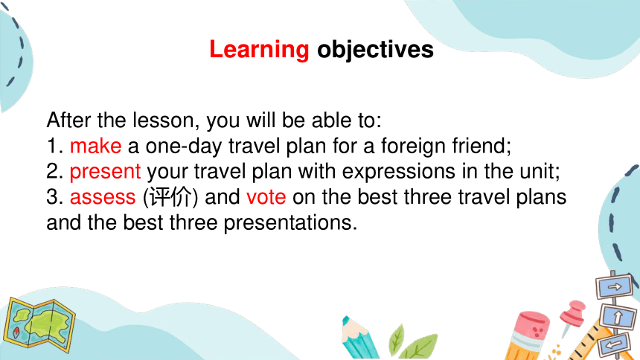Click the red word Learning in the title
pyautogui.click(x=259, y=50)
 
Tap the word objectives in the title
pyautogui.click(x=375, y=50)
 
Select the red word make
pyautogui.click(x=95, y=146)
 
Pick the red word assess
pyautogui.click(x=103, y=197)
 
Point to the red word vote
pyautogui.click(x=266, y=196)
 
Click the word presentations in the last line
pyautogui.click(x=290, y=223)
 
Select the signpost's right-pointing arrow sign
pyautogui.click(x=614, y=286)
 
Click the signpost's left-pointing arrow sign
pyautogui.click(x=614, y=344)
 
